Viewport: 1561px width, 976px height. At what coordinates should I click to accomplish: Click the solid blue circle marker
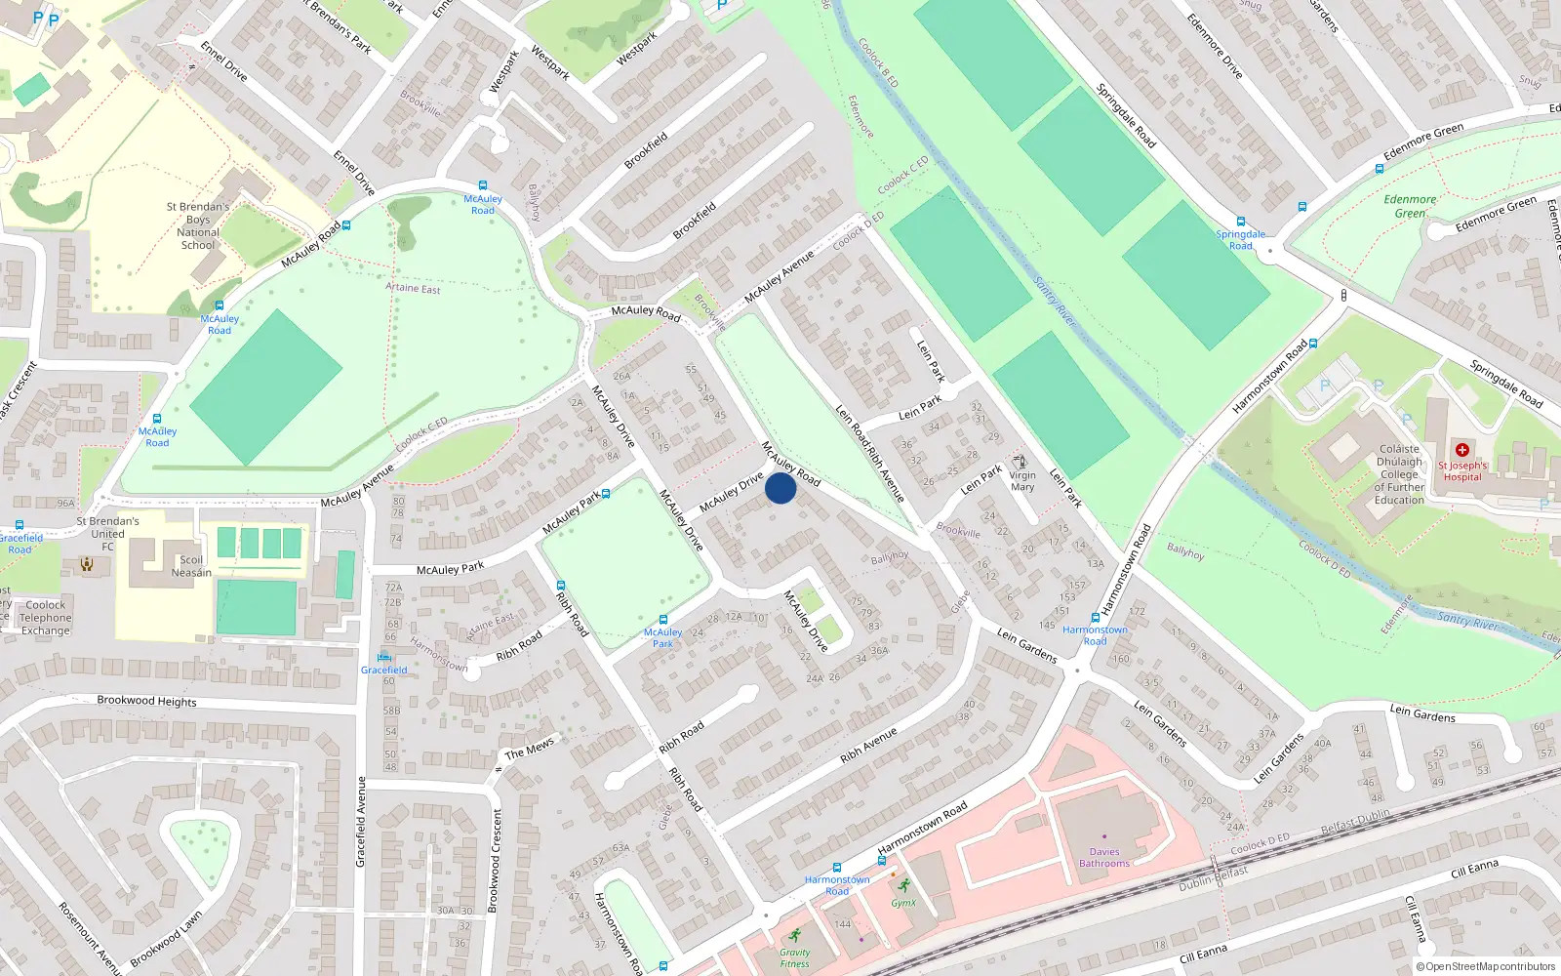tap(780, 488)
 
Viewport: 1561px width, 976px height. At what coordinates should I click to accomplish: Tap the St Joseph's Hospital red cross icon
tap(1461, 450)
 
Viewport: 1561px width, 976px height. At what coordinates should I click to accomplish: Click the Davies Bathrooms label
tap(1104, 858)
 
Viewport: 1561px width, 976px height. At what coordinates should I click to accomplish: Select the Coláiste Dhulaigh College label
tap(1399, 474)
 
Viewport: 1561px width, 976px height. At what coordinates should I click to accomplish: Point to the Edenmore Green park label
tap(1410, 206)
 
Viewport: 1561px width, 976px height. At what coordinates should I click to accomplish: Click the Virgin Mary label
tap(1022, 481)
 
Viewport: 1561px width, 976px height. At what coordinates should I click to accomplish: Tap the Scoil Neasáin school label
tap(191, 566)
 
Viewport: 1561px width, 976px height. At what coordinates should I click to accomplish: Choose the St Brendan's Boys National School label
tap(198, 225)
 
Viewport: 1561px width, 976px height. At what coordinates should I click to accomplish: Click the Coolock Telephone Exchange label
tap(46, 618)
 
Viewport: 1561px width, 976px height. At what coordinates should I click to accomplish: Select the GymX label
tap(903, 903)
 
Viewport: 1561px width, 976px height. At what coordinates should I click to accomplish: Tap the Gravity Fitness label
tap(794, 957)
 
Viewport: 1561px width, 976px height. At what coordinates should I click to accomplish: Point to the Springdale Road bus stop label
tap(1240, 240)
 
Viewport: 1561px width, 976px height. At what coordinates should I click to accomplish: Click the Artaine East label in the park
tap(413, 288)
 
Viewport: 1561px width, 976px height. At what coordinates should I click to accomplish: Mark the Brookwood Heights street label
tap(146, 701)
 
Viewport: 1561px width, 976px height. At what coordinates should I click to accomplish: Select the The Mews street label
tap(530, 749)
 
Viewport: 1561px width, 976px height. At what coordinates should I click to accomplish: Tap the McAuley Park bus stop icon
tap(663, 620)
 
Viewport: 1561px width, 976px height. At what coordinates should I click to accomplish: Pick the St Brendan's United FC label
tap(107, 534)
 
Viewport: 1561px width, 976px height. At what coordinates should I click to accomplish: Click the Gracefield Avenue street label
tap(360, 822)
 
